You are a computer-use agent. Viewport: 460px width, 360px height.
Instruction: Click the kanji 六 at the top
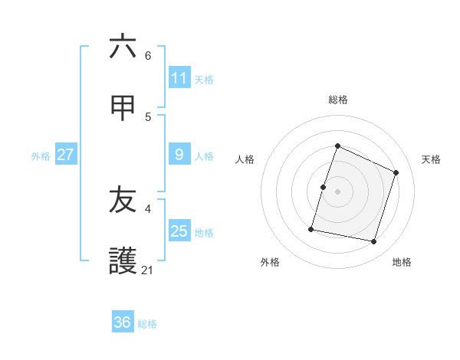123,47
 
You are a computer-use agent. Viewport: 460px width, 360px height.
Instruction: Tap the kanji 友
123,200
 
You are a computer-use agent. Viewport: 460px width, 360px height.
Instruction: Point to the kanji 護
123,261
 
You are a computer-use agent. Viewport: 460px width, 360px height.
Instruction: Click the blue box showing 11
179,78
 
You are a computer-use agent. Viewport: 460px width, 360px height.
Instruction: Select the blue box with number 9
179,155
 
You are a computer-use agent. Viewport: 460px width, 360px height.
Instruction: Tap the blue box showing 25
179,231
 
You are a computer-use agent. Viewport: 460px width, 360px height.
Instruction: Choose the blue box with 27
66,155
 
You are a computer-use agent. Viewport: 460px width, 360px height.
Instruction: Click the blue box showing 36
123,322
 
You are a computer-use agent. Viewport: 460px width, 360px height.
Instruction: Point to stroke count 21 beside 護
147,270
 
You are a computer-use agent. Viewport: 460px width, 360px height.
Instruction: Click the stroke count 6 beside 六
148,55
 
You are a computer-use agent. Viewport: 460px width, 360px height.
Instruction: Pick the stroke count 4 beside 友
148,208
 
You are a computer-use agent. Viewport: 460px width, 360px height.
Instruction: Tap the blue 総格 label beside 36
147,324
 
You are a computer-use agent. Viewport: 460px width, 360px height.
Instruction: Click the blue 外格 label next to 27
41,156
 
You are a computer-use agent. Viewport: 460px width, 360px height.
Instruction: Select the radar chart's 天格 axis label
431,159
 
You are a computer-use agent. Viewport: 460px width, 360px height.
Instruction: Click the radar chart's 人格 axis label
245,159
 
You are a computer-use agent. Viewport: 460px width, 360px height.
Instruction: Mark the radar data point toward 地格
373,242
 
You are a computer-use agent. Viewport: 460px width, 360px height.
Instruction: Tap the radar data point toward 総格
337,146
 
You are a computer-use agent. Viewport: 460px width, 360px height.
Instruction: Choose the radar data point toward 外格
311,228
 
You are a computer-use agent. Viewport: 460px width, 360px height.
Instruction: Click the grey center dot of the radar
337,191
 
